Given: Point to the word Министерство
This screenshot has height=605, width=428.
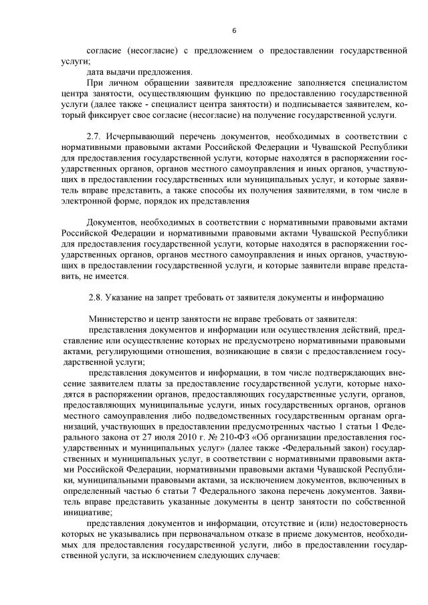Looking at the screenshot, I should (x=116, y=318).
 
